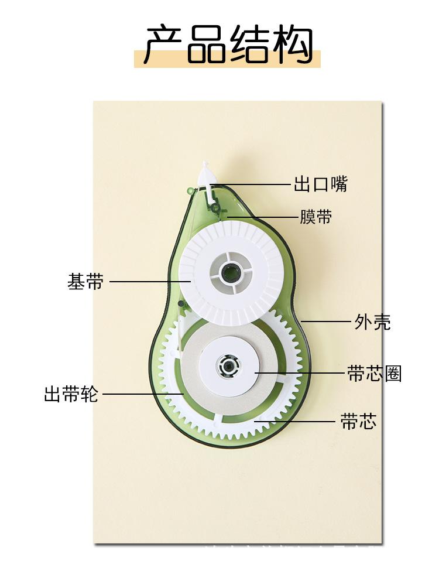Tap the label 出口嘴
coord(320,184)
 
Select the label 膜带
coord(316,217)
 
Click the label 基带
coord(85,282)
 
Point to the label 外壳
coord(373,322)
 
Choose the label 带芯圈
coord(375,374)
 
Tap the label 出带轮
coord(71,394)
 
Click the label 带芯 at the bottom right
coord(358,421)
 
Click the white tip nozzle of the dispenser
coord(206,174)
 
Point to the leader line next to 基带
coord(149,282)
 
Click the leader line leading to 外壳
coord(325,322)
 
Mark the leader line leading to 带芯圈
coord(299,373)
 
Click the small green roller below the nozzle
coord(215,207)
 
